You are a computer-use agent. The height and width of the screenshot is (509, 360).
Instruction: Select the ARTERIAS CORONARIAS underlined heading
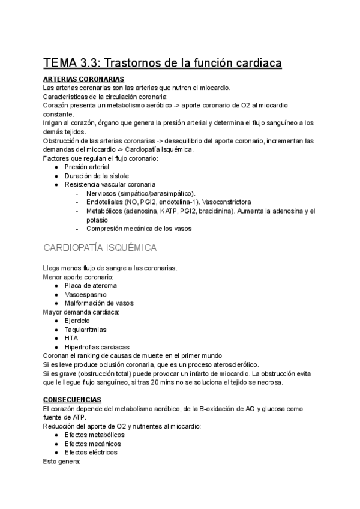point(84,79)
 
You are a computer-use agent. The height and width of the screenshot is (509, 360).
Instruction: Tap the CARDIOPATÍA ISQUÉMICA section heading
point(100,247)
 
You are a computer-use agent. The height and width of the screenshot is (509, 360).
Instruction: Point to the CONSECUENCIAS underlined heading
point(73,400)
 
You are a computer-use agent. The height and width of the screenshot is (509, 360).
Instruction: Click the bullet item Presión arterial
point(87,167)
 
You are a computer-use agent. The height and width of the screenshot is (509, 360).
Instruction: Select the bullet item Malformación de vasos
point(99,303)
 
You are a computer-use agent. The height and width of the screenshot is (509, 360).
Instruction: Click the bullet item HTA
point(71,338)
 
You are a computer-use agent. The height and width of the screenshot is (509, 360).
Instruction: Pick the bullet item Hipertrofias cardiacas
point(97,347)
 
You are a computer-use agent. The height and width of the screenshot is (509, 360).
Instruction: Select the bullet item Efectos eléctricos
point(91,452)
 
